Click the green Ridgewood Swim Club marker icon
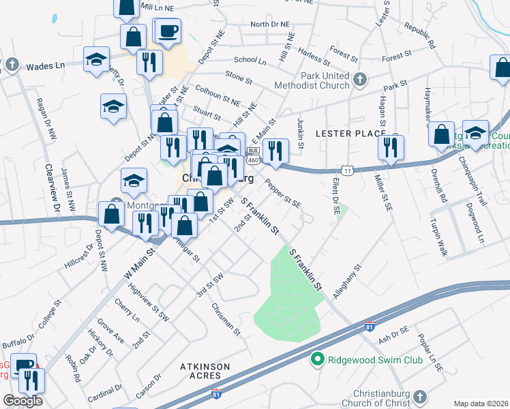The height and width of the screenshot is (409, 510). pos(316,359)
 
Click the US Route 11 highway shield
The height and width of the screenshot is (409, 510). pos(348,168)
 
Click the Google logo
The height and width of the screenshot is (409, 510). pos(22,401)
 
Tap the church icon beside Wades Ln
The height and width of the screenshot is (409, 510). pos(12,65)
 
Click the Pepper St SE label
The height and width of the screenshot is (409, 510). pos(283,193)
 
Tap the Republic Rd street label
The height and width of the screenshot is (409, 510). pos(419,37)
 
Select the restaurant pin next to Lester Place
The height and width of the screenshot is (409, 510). pos(391,147)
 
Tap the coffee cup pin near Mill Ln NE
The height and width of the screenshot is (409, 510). pos(168,30)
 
